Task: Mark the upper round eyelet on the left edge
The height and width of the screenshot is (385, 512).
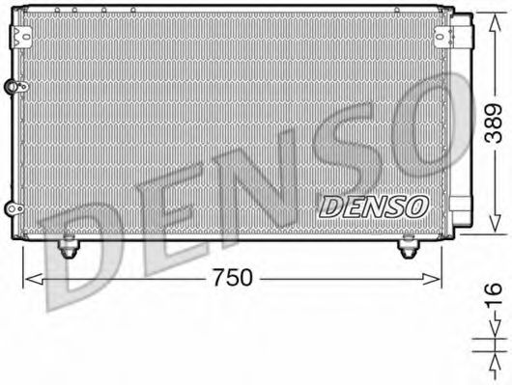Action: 13,87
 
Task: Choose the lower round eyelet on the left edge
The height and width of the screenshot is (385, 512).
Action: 13,206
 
